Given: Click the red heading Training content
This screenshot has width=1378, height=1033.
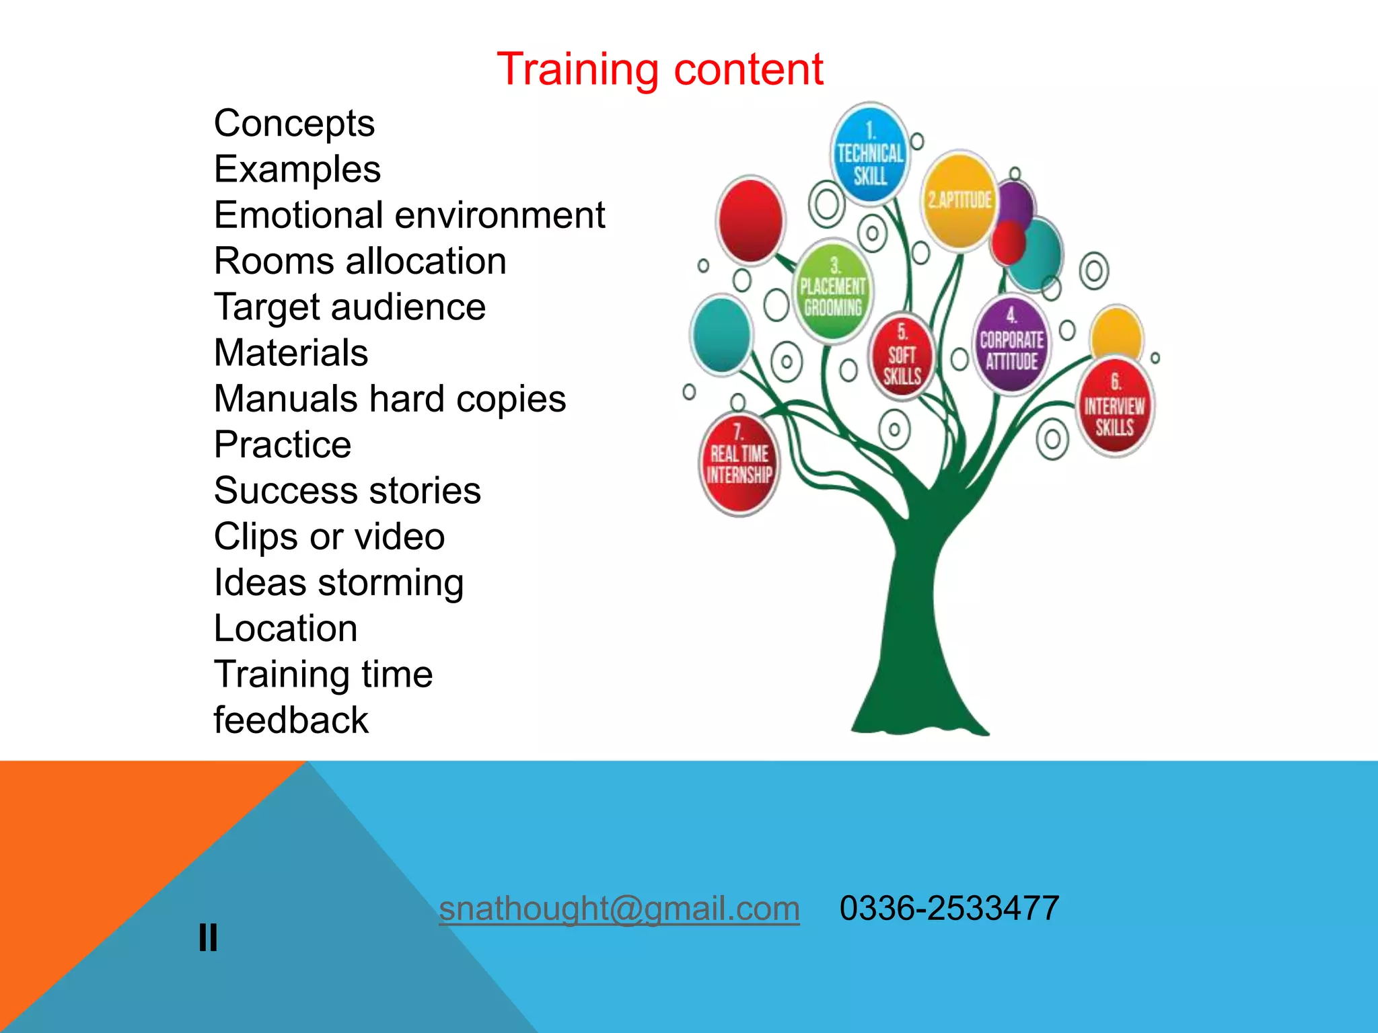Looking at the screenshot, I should coord(659,69).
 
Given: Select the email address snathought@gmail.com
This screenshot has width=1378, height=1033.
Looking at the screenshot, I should coord(619,908).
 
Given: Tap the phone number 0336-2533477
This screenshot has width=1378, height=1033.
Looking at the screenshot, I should coord(949,908).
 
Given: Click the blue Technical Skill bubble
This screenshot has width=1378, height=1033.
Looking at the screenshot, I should coord(869,154).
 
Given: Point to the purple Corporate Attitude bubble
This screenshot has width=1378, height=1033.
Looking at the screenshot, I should coord(1011,344).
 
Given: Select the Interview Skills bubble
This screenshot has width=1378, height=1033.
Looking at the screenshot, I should coord(1114,408).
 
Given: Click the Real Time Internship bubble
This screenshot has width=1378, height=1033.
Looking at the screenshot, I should coord(739,463).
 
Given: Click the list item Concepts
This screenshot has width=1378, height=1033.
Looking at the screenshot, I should coord(294,124).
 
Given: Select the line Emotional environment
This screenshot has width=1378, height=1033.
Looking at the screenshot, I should coord(409,215).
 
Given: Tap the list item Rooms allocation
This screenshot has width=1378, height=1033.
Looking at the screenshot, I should coord(360,261).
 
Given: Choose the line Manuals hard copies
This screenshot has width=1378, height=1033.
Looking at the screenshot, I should coord(390,399).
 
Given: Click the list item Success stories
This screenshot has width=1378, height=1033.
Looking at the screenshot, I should coord(347,490).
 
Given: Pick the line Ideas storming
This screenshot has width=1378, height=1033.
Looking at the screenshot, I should coord(338,582).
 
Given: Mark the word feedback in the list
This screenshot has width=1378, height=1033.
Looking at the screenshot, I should coord(291,720).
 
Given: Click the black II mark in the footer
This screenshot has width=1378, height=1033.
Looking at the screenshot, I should coord(208,937).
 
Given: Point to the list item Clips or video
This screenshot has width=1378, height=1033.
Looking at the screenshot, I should coord(329,537).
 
